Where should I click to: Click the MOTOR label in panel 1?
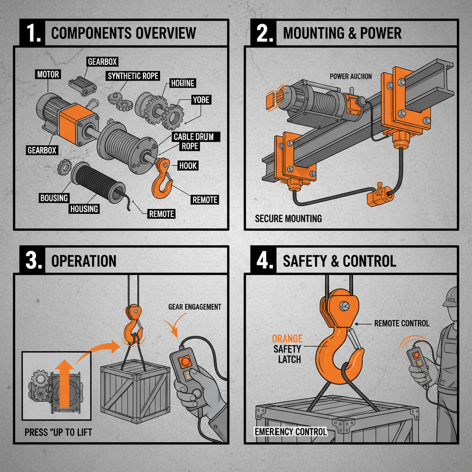47,74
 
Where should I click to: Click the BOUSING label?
53,198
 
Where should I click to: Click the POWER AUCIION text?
351,76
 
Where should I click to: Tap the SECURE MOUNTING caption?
289,218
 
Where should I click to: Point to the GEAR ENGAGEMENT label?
195,307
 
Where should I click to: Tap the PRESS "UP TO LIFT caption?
59,432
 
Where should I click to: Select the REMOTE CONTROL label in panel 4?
401,324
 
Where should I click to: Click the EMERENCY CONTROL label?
291,432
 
